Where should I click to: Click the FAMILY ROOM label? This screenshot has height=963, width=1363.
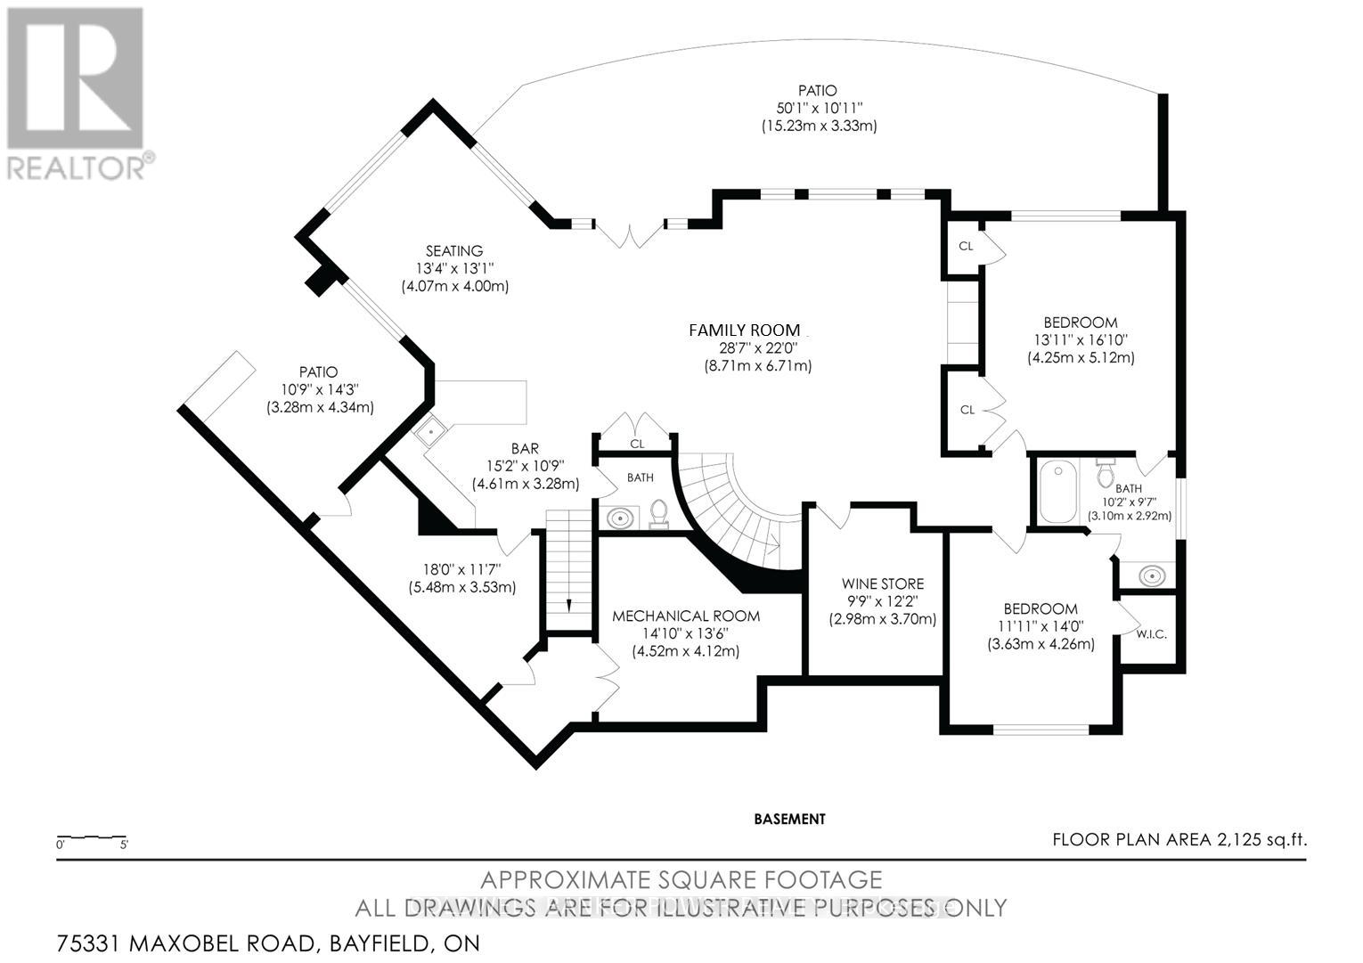745,330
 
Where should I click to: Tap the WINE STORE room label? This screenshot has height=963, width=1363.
883,584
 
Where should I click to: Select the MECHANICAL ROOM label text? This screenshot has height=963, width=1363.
686,616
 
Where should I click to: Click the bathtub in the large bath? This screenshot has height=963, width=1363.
1058,491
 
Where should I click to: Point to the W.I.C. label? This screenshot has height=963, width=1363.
1151,634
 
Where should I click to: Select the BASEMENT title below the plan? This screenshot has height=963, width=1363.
789,819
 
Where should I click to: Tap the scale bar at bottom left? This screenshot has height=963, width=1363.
92,839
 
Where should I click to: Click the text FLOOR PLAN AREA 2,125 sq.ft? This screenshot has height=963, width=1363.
1179,839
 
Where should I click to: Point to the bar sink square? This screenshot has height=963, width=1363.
430,433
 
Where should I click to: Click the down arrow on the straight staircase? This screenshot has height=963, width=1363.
570,605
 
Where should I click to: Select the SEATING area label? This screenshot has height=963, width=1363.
453,251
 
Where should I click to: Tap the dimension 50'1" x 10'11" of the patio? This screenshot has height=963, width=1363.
818,108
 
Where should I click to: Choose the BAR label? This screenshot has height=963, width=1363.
525,449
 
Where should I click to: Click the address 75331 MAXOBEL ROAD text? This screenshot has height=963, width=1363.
184,943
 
